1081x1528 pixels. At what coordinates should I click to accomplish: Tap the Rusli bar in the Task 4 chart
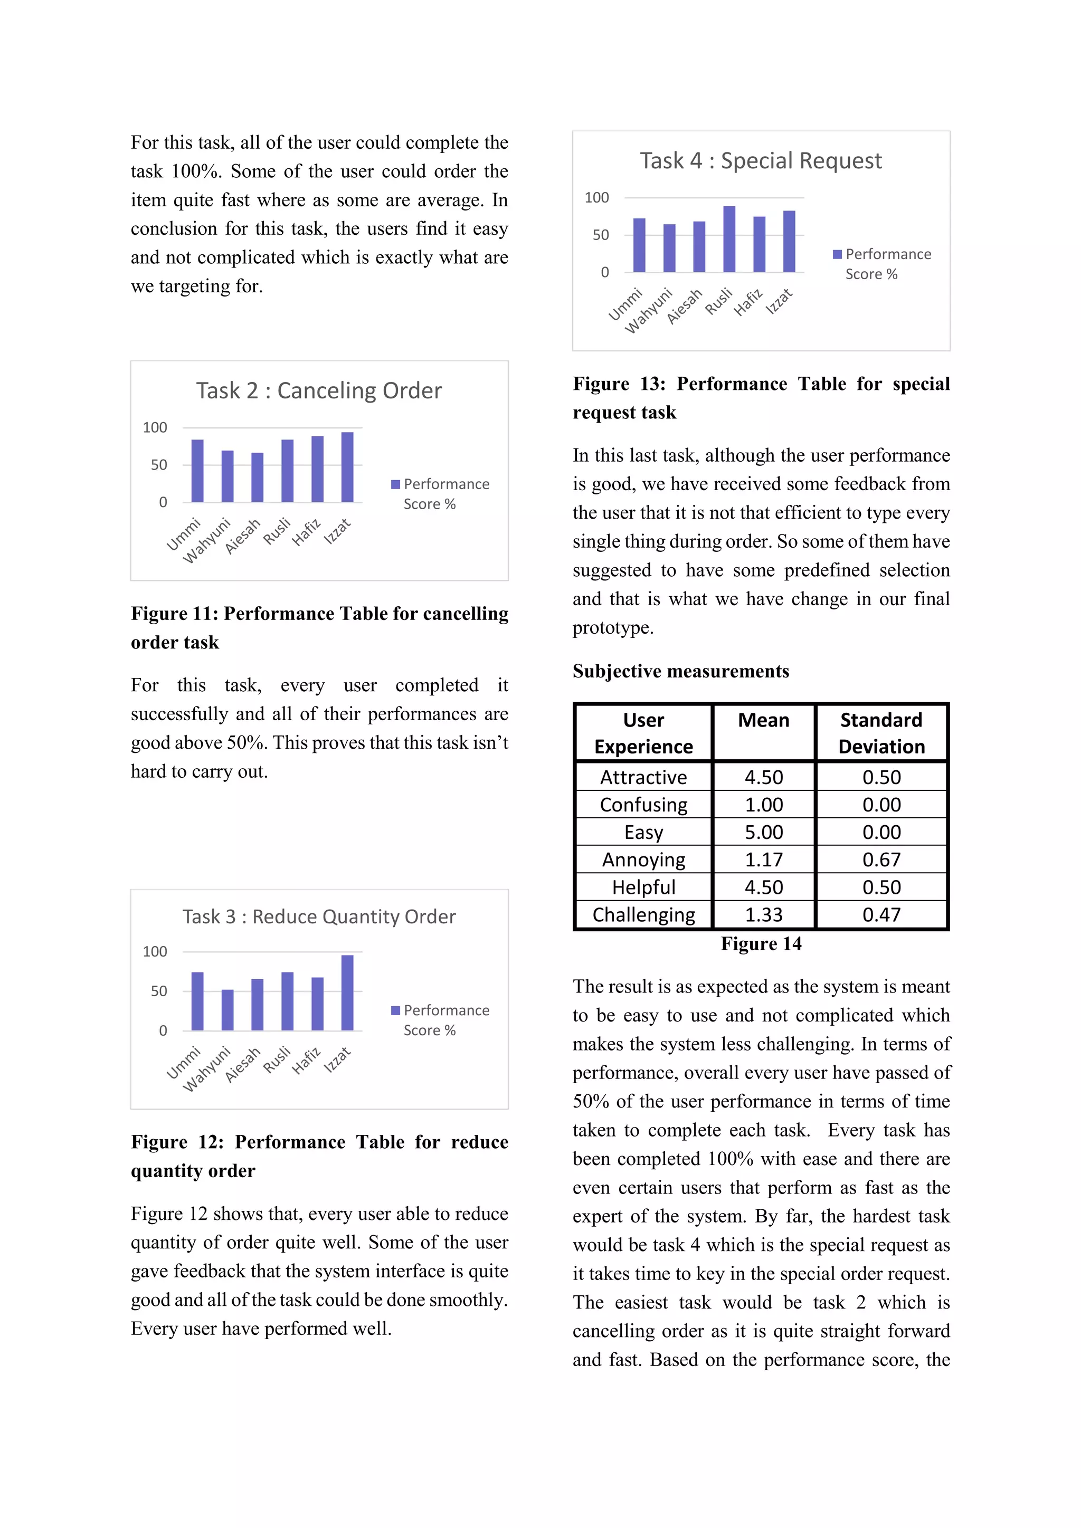729,240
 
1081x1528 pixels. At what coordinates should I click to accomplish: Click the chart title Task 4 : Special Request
760,161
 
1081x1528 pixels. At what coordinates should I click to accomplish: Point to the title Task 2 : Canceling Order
318,390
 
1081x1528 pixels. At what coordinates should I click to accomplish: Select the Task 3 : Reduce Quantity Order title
319,916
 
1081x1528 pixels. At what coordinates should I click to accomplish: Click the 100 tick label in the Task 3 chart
155,952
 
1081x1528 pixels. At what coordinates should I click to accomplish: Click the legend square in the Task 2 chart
395,484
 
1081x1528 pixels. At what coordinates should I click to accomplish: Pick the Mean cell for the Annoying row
763,860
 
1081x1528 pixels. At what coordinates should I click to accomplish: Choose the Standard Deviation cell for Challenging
881,915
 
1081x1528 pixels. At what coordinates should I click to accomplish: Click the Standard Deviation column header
881,733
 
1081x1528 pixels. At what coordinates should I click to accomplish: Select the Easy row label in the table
643,833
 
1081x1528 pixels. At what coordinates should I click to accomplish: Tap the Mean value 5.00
763,833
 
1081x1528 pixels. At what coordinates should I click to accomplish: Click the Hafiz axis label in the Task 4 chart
748,303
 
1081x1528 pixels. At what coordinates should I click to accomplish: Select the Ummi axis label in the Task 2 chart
183,534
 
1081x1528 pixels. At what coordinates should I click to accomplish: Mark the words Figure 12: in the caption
178,1142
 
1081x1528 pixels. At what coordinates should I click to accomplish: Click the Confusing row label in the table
643,805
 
